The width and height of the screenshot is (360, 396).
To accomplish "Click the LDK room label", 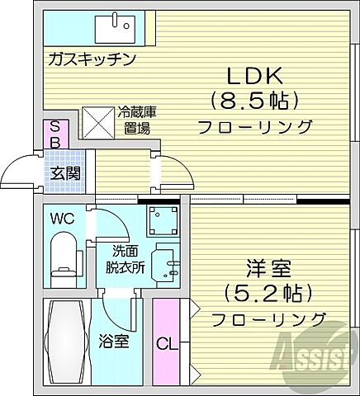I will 255,76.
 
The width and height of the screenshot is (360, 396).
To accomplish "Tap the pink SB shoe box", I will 54,134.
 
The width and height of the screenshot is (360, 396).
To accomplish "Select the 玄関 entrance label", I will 64,173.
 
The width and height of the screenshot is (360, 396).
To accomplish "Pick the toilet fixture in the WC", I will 63,256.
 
